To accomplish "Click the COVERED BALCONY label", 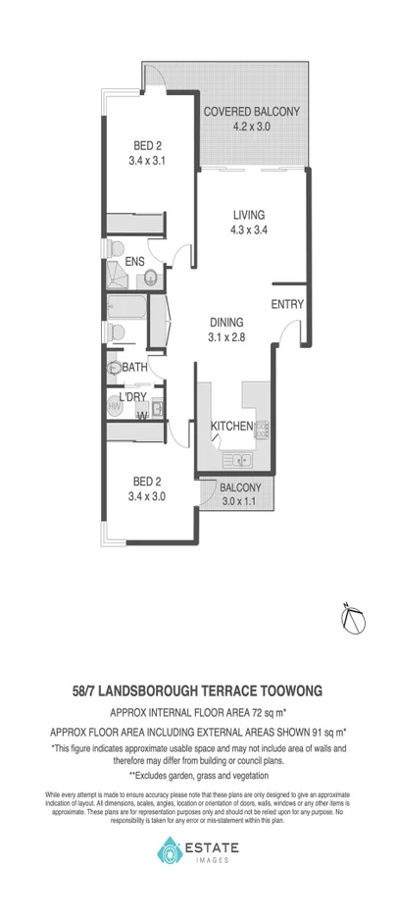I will [x=251, y=112].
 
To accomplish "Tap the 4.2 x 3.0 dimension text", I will [x=251, y=127].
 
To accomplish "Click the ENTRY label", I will [x=287, y=305].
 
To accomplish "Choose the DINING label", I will [x=225, y=322].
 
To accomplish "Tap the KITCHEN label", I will [x=232, y=427].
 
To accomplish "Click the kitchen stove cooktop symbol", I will [x=262, y=427].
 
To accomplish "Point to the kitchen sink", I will [x=239, y=459].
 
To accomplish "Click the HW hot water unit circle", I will [x=114, y=405].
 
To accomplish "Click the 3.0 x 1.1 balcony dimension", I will [x=240, y=502].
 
